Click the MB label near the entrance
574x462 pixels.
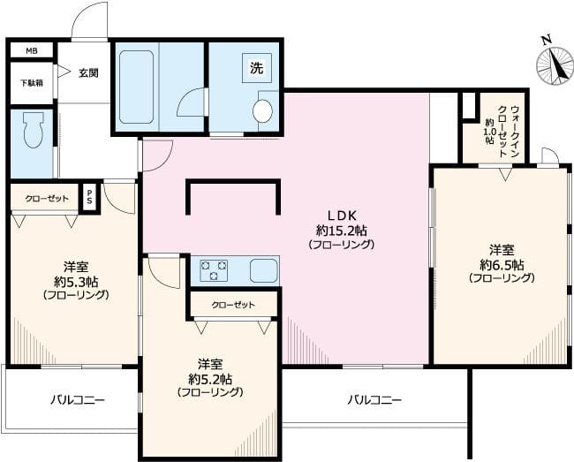click(x=32, y=51)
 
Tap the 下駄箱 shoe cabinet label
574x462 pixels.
click(x=32, y=83)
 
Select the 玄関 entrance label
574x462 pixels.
click(x=88, y=73)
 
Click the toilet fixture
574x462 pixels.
click(x=34, y=130)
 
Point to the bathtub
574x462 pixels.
click(x=136, y=87)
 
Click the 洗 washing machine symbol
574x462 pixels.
click(x=257, y=68)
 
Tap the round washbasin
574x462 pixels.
click(x=263, y=110)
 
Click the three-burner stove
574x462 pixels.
click(x=214, y=270)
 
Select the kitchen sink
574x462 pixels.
click(x=263, y=270)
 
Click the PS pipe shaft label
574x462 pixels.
click(x=89, y=198)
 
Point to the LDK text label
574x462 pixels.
click(x=342, y=216)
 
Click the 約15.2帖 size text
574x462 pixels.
click(x=342, y=231)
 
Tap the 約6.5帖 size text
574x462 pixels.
click(x=502, y=264)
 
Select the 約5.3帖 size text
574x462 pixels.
click(x=76, y=281)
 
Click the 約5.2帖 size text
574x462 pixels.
click(x=210, y=379)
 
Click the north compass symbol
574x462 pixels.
click(x=555, y=64)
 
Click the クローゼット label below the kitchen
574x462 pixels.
click(x=233, y=305)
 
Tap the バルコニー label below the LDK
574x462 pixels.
click(x=374, y=400)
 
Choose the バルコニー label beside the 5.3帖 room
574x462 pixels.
click(x=78, y=400)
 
